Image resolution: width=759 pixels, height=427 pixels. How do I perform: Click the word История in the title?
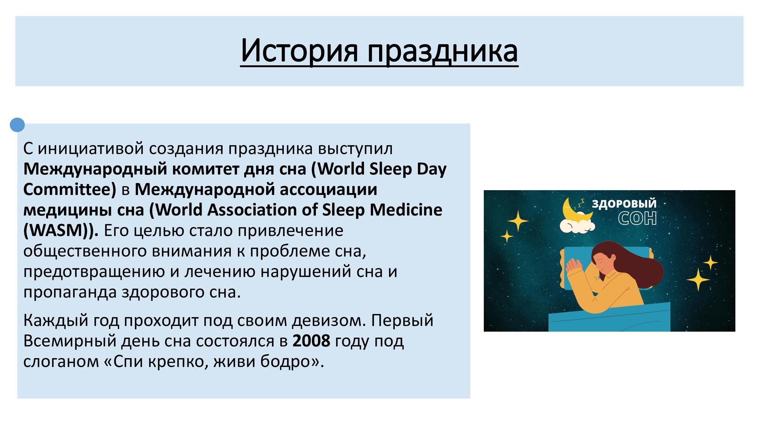299,51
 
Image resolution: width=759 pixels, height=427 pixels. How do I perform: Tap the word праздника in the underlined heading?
443,51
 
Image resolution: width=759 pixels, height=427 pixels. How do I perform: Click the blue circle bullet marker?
17,125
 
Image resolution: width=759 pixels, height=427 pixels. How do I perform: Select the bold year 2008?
311,341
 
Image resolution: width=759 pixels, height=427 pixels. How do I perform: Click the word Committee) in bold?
70,189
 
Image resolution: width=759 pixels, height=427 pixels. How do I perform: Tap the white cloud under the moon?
578,225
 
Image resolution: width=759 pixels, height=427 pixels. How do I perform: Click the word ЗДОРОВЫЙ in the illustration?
624,204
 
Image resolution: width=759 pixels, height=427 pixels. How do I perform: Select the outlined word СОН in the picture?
637,218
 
